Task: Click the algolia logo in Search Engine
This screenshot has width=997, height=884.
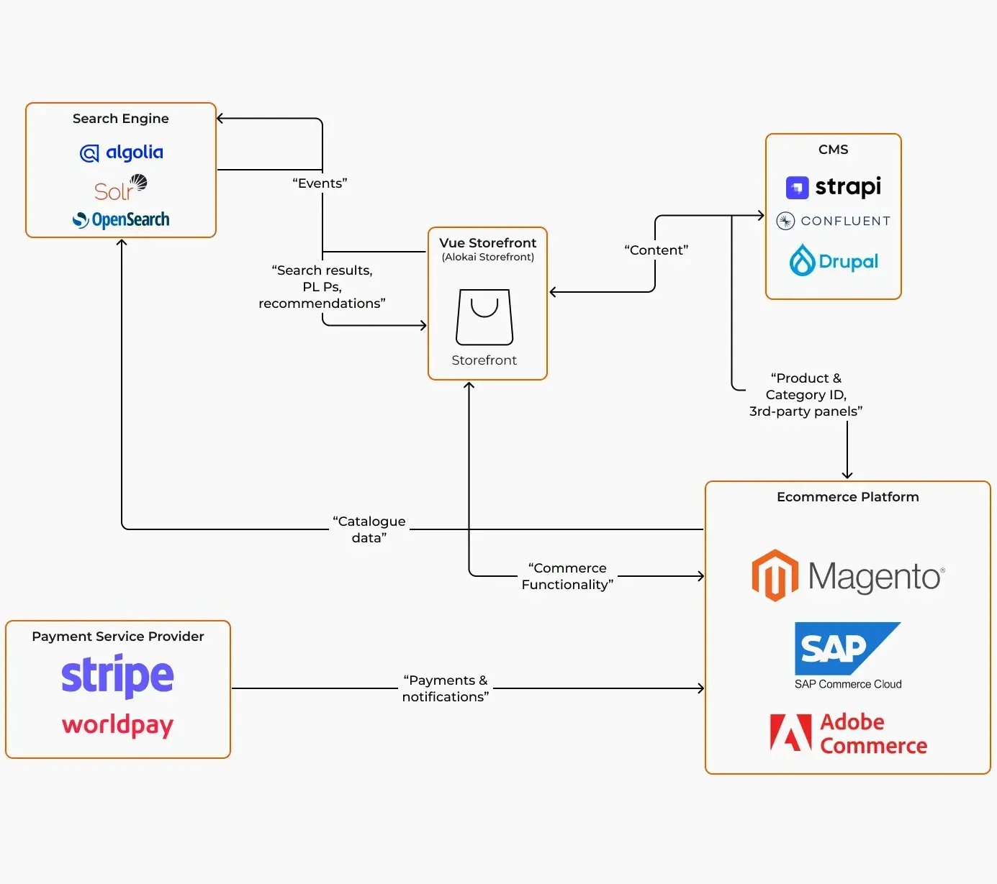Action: point(121,152)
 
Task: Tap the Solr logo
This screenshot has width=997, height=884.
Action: point(120,188)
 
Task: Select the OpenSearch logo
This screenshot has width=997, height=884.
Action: point(121,219)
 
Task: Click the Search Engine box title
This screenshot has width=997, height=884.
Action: point(121,119)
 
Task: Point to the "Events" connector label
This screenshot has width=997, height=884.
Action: point(320,183)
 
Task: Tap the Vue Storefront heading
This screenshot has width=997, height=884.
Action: point(488,243)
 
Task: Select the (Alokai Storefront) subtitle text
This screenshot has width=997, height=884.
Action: point(488,257)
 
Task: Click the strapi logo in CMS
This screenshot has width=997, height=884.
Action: point(834,187)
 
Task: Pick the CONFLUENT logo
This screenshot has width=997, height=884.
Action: point(834,221)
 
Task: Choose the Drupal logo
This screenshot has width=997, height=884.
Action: point(834,261)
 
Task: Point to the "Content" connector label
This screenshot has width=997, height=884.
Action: point(656,250)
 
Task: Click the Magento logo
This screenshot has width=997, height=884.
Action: point(848,575)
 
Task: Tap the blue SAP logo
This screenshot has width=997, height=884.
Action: point(847,648)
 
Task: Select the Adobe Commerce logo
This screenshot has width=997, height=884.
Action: point(848,734)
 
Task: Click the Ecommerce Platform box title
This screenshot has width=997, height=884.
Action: point(848,497)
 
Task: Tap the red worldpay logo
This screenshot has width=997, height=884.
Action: point(117,724)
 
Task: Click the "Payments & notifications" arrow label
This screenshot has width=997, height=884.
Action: point(446,688)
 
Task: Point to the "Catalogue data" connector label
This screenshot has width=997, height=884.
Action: point(369,529)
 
